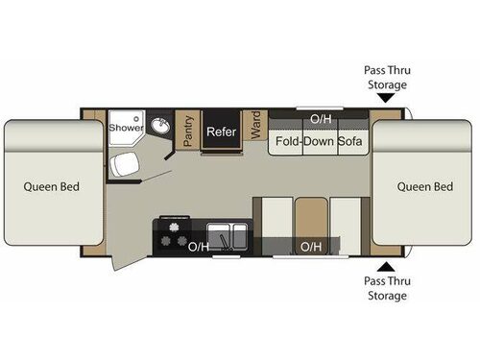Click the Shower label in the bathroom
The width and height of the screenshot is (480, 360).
(125, 127)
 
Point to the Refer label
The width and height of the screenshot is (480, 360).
(222, 131)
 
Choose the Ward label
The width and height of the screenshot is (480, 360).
(256, 127)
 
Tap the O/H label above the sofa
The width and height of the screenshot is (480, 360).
(320, 119)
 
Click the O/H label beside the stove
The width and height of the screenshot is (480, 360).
(198, 247)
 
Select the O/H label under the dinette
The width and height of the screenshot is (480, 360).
(311, 247)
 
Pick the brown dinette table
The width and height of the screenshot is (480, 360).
(309, 218)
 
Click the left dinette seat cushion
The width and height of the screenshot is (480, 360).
(274, 218)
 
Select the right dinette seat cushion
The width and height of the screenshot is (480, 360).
(346, 218)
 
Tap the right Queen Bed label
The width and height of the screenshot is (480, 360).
(425, 186)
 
